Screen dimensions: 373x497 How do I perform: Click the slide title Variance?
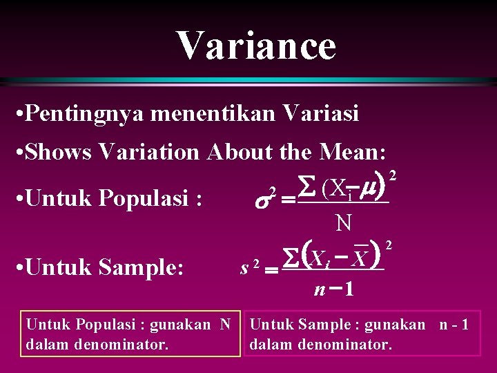256,46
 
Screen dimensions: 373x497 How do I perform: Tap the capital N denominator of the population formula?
342,222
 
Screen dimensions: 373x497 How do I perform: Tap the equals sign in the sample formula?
272,271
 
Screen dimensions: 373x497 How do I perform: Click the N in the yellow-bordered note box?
225,324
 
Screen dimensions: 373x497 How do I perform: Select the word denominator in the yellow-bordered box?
111,343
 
